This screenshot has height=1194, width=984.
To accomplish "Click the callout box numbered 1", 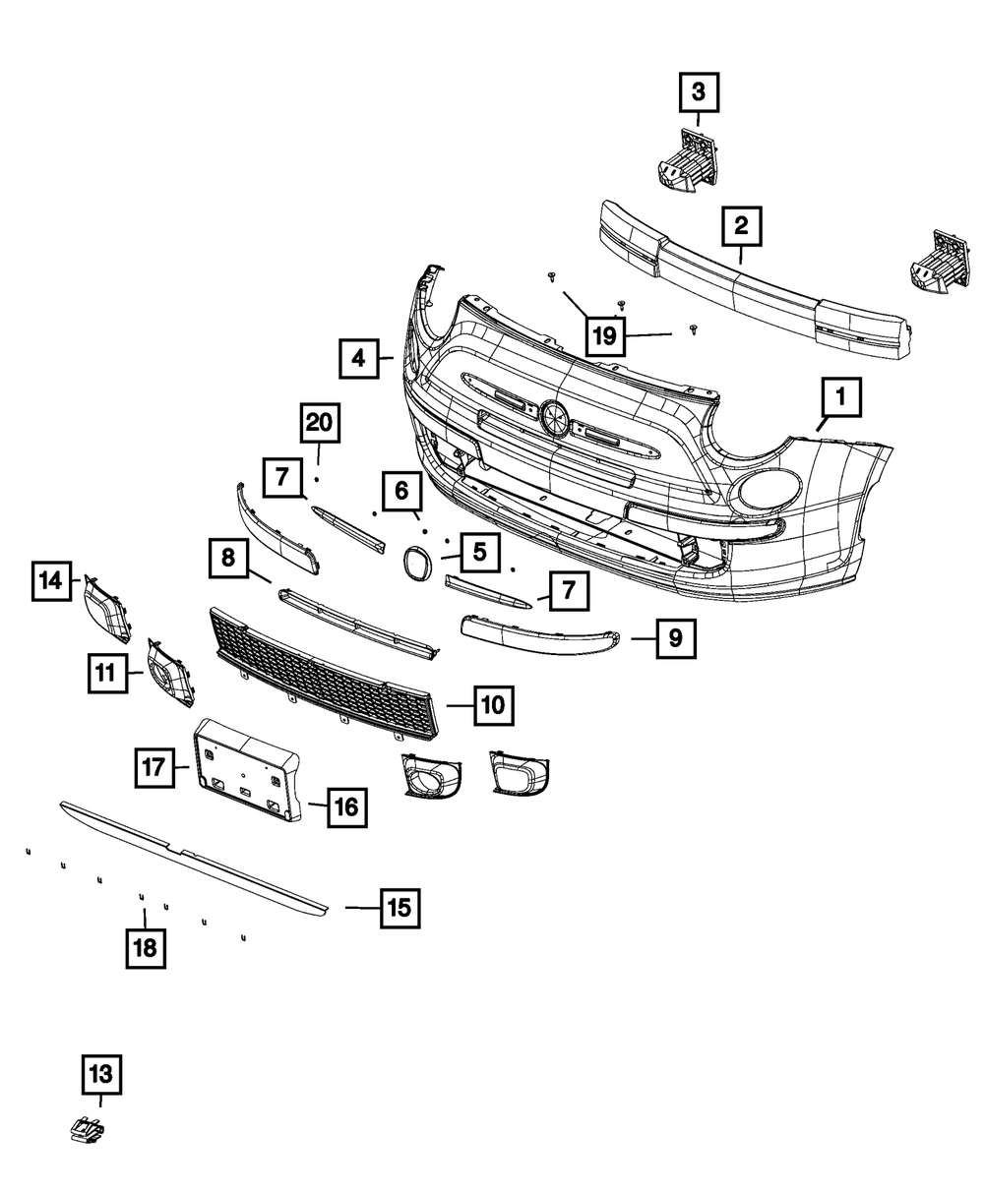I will pos(840,398).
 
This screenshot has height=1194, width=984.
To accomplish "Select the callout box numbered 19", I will pos(604,335).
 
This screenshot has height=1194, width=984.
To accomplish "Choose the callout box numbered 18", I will pos(146,947).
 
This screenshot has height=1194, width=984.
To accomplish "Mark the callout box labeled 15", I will pos(399,907).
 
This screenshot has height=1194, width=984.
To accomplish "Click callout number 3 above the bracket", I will pos(698,93).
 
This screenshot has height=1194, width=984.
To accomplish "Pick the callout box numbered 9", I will pos(675,637).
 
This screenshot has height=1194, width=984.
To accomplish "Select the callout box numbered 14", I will pos(50,580).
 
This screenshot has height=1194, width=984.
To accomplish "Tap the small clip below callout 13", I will pos(89,1132).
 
